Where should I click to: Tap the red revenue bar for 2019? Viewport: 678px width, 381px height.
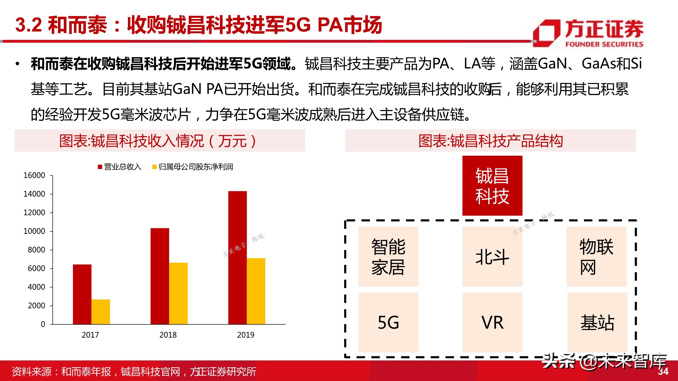[238, 257]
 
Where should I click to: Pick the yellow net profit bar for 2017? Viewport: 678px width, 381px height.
[100, 312]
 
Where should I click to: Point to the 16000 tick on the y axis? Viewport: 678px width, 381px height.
[34, 175]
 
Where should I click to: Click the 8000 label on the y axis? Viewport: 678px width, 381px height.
[36, 250]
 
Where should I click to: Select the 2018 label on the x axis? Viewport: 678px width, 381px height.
[168, 335]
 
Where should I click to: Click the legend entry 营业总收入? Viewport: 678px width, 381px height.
[120, 167]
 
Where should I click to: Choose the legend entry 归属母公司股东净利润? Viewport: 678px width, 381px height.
[193, 167]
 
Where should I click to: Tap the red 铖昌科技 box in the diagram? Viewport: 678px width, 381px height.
[492, 186]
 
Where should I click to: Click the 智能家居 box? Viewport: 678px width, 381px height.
[388, 257]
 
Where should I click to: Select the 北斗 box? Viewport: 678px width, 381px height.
[492, 257]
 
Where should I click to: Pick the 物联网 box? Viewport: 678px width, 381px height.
[596, 257]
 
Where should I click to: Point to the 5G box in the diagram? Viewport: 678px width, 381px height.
[388, 322]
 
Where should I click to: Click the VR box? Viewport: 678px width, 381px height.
[492, 322]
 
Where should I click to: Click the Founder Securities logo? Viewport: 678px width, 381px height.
[588, 33]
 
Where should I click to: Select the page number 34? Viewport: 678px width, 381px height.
[663, 371]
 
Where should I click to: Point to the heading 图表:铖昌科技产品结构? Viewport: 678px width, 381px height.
[491, 141]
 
